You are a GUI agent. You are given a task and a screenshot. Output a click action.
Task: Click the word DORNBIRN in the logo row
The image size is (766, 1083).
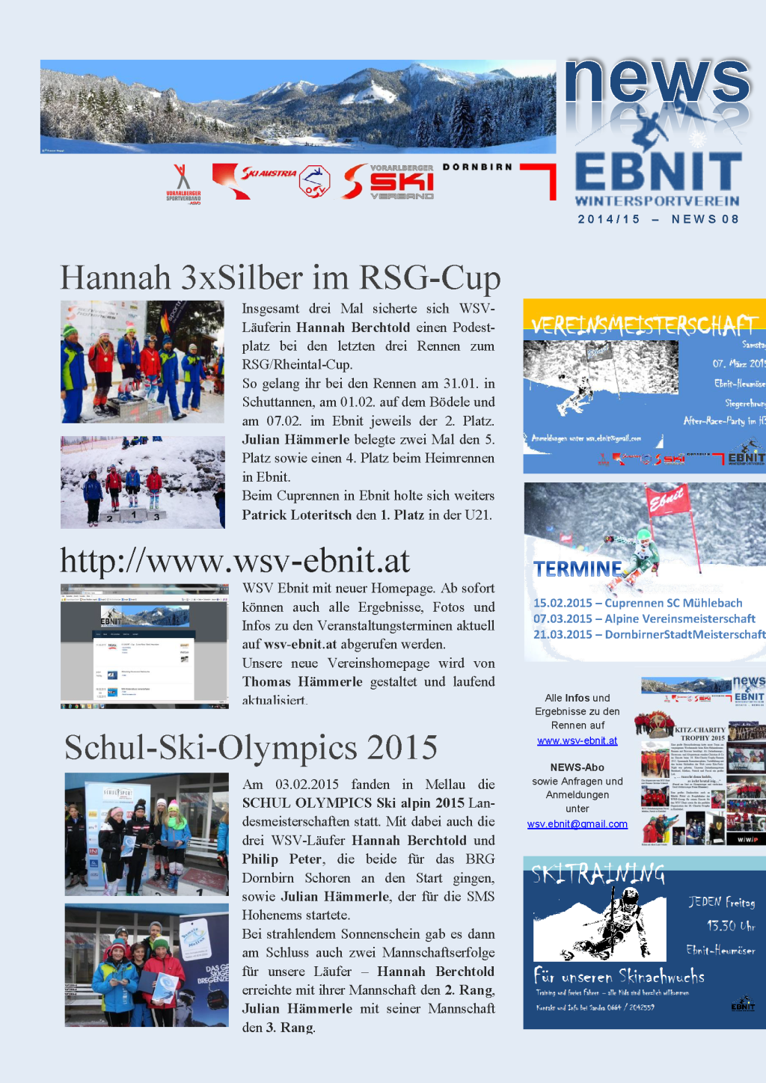[x=477, y=167]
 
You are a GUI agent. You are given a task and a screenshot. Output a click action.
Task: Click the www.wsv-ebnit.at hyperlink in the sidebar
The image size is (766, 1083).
[x=577, y=740]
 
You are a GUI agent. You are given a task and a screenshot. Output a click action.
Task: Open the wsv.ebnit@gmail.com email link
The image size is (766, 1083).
[x=577, y=824]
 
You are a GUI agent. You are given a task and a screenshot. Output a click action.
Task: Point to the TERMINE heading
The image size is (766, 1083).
[x=577, y=569]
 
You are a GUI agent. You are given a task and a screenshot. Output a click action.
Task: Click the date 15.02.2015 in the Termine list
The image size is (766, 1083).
[x=563, y=603]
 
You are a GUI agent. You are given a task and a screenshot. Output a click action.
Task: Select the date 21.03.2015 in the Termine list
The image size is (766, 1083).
[x=563, y=634]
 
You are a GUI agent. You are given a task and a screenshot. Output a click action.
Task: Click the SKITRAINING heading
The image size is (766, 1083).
[x=598, y=873]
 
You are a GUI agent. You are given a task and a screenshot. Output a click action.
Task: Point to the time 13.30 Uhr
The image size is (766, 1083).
[x=730, y=926]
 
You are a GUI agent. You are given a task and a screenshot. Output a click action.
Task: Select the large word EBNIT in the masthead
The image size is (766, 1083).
[x=658, y=172]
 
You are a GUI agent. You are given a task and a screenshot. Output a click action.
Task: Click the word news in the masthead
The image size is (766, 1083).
[x=658, y=82]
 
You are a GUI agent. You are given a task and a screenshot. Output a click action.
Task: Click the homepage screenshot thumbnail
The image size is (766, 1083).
[x=144, y=646]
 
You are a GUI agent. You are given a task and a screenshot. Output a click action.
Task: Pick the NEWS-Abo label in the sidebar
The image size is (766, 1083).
[x=577, y=767]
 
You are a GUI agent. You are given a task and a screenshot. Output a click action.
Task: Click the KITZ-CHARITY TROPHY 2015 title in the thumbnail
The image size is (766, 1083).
[x=699, y=733]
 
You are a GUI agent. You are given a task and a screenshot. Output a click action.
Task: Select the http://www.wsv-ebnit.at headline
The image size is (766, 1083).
[x=235, y=561]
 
